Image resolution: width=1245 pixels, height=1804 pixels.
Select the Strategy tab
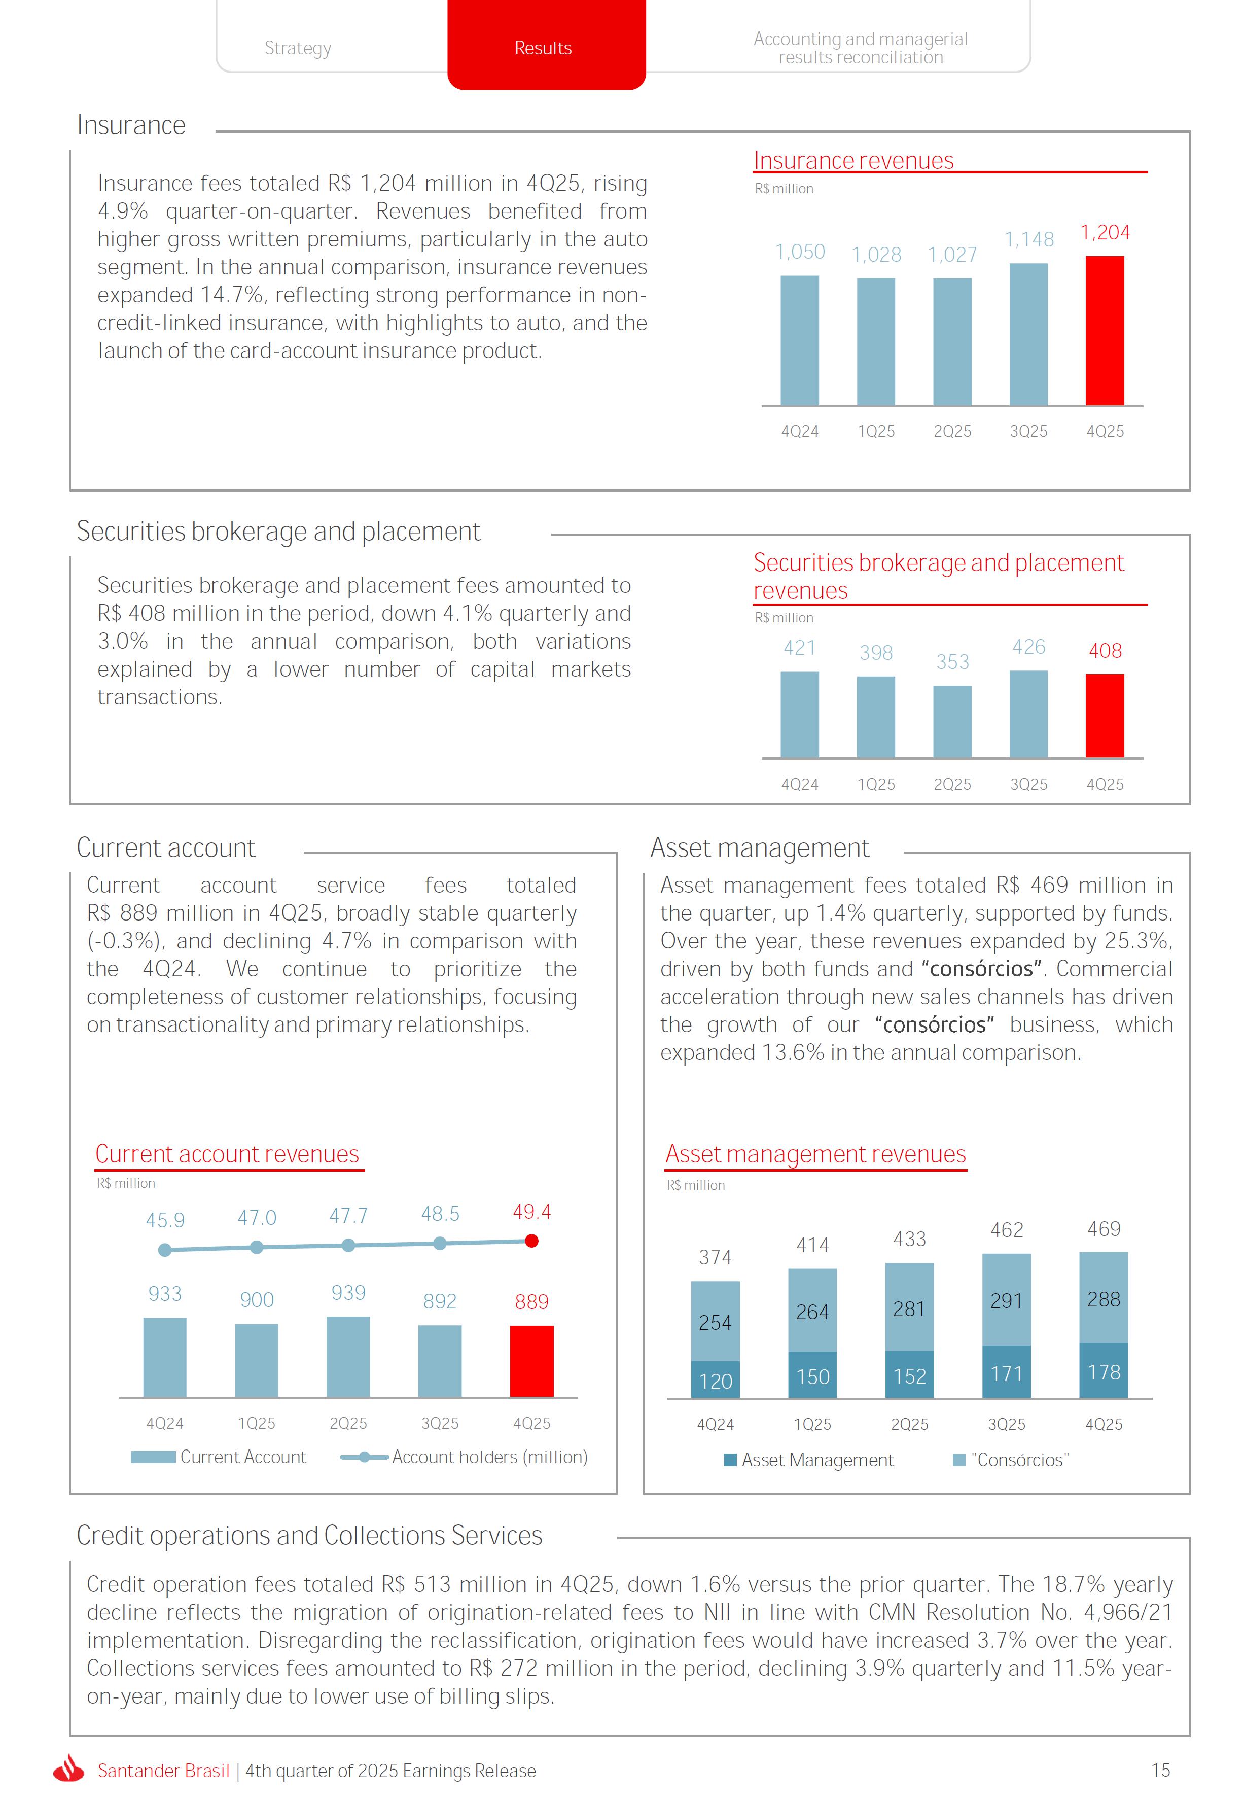(298, 48)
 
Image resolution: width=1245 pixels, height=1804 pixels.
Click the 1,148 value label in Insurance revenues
(1029, 239)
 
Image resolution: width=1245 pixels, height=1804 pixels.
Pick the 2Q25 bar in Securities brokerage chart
(952, 721)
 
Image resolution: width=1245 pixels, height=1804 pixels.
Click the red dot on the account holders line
(532, 1241)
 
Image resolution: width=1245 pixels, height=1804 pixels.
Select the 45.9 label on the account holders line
(165, 1220)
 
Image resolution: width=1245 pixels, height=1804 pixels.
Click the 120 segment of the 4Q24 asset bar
(716, 1381)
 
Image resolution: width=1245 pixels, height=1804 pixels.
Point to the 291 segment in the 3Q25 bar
(1006, 1300)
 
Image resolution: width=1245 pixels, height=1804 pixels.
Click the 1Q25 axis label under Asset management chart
(812, 1424)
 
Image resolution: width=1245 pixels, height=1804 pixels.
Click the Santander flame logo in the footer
(68, 1770)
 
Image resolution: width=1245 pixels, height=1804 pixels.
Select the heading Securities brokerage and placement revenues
(938, 576)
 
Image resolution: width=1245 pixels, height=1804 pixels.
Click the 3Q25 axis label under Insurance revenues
(1029, 431)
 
